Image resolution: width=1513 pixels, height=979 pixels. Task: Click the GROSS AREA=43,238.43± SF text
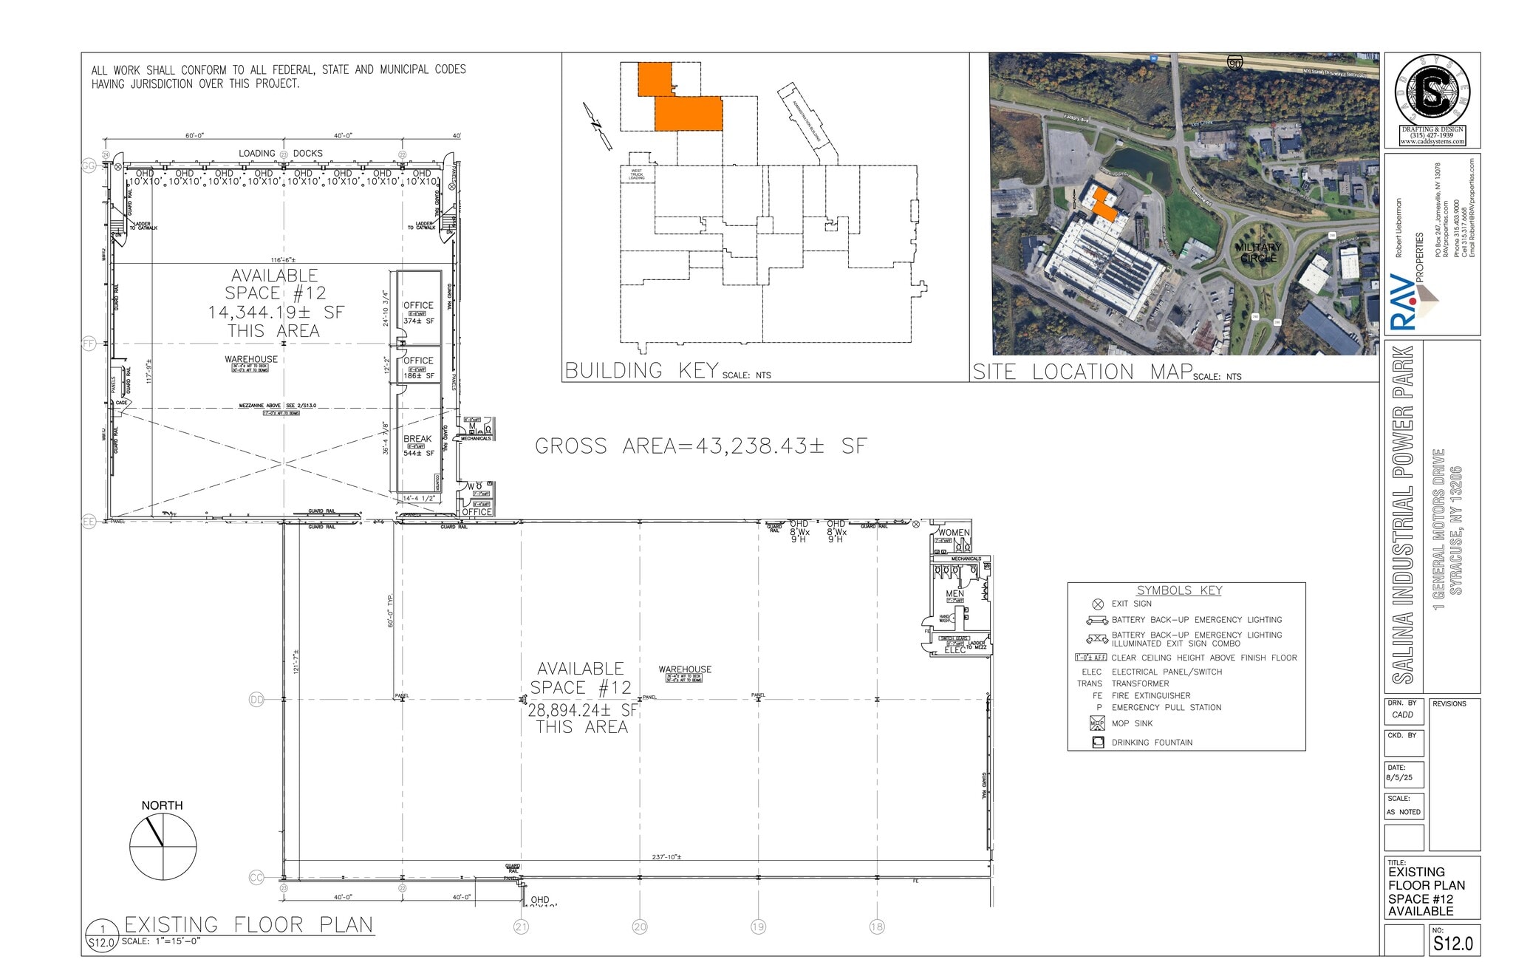700,446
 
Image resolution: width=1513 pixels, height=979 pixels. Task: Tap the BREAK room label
417,439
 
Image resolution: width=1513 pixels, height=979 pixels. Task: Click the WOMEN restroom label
954,533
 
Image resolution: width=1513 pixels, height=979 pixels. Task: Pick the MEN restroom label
954,594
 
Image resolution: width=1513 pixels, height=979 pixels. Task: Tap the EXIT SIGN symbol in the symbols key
1098,604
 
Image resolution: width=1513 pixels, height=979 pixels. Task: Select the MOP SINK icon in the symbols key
1098,723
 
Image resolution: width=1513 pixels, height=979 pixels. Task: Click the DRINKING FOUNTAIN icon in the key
1098,743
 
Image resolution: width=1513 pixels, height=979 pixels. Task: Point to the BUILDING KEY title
641,370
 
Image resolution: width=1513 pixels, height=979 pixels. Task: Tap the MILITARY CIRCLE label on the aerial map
1258,253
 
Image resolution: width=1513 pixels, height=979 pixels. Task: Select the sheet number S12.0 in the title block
1453,944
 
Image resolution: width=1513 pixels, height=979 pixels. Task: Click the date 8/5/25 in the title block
1399,778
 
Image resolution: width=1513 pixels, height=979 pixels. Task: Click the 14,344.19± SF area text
276,313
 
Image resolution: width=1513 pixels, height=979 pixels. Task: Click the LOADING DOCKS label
281,154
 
